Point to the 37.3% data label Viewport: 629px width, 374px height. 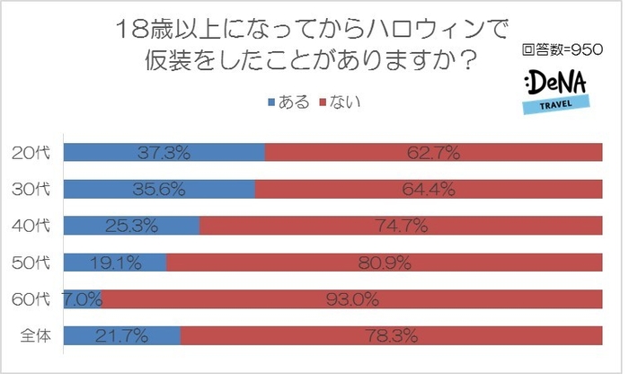[164, 153]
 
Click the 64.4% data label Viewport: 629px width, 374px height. [428, 190]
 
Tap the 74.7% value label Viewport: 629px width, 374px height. [401, 227]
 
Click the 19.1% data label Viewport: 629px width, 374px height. [113, 263]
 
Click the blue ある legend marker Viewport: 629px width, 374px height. [272, 102]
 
